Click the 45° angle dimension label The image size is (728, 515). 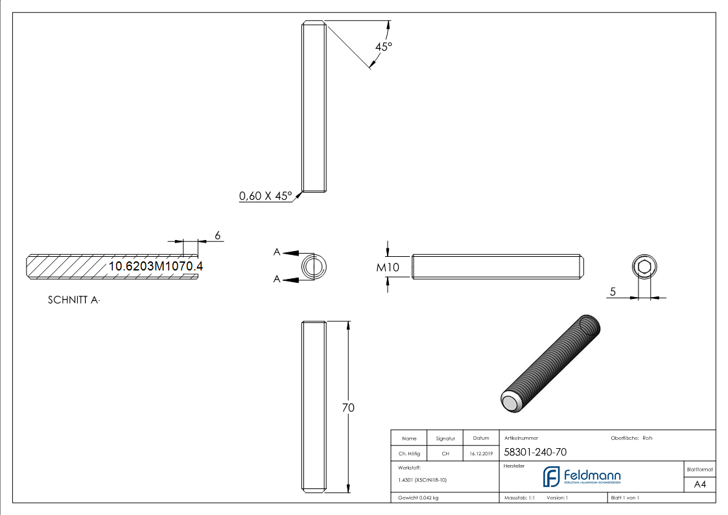[x=384, y=47]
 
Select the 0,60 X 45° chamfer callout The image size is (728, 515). [x=266, y=196]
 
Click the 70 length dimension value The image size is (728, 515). [x=348, y=408]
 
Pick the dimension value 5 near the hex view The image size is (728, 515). [x=612, y=292]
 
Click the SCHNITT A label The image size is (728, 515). [x=74, y=300]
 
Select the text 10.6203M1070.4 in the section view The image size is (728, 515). [x=156, y=266]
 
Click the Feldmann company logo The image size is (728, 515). [x=581, y=476]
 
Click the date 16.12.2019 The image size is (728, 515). [x=481, y=454]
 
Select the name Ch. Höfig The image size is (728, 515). [x=409, y=454]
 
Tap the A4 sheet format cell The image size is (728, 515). [x=699, y=485]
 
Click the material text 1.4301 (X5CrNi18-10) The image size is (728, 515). [x=422, y=480]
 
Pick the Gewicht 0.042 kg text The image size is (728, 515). [x=418, y=497]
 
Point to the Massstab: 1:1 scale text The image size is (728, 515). [x=519, y=497]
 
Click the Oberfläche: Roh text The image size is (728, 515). [x=631, y=438]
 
